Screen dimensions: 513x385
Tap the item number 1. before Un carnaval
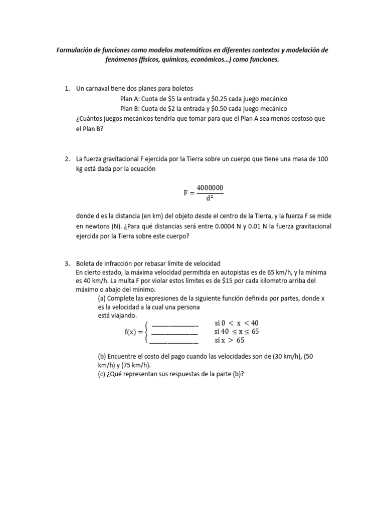pyautogui.click(x=67, y=89)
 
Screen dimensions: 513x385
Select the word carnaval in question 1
pyautogui.click(x=102, y=89)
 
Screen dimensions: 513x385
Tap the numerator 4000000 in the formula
pyautogui.click(x=210, y=187)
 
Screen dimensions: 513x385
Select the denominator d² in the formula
pyautogui.click(x=210, y=197)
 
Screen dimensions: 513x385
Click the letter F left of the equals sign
pyautogui.click(x=186, y=192)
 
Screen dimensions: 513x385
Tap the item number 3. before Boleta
pyautogui.click(x=67, y=264)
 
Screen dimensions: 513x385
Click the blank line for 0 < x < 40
pyautogui.click(x=174, y=323)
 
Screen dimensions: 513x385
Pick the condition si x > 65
pyautogui.click(x=229, y=341)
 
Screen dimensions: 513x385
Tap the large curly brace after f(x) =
pyautogui.click(x=146, y=332)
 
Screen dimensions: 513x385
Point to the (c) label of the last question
pyautogui.click(x=102, y=374)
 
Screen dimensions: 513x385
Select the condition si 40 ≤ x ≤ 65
pyautogui.click(x=236, y=332)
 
